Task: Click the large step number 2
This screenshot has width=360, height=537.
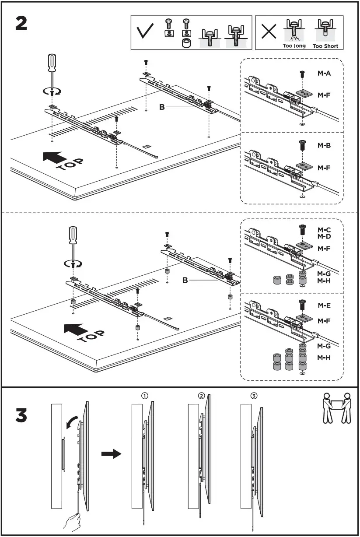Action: pyautogui.click(x=21, y=23)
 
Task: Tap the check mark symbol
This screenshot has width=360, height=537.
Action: pyautogui.click(x=145, y=32)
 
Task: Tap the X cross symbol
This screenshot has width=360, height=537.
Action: pyautogui.click(x=268, y=32)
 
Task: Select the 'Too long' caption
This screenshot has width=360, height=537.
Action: pyautogui.click(x=294, y=46)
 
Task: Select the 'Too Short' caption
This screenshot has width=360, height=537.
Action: pyautogui.click(x=325, y=46)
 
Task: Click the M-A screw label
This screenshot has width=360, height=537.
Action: pyautogui.click(x=324, y=74)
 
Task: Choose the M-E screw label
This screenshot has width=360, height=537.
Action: pyautogui.click(x=324, y=305)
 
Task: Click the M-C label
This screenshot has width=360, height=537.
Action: pyautogui.click(x=324, y=229)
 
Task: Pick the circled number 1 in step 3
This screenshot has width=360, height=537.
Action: pyautogui.click(x=144, y=396)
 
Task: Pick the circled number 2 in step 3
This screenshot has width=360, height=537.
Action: pyautogui.click(x=201, y=396)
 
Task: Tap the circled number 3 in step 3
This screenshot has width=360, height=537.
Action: pyautogui.click(x=254, y=396)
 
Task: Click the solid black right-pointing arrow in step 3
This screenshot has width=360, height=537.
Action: pyautogui.click(x=111, y=454)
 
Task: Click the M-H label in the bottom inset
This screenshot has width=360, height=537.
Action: pyautogui.click(x=324, y=358)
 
